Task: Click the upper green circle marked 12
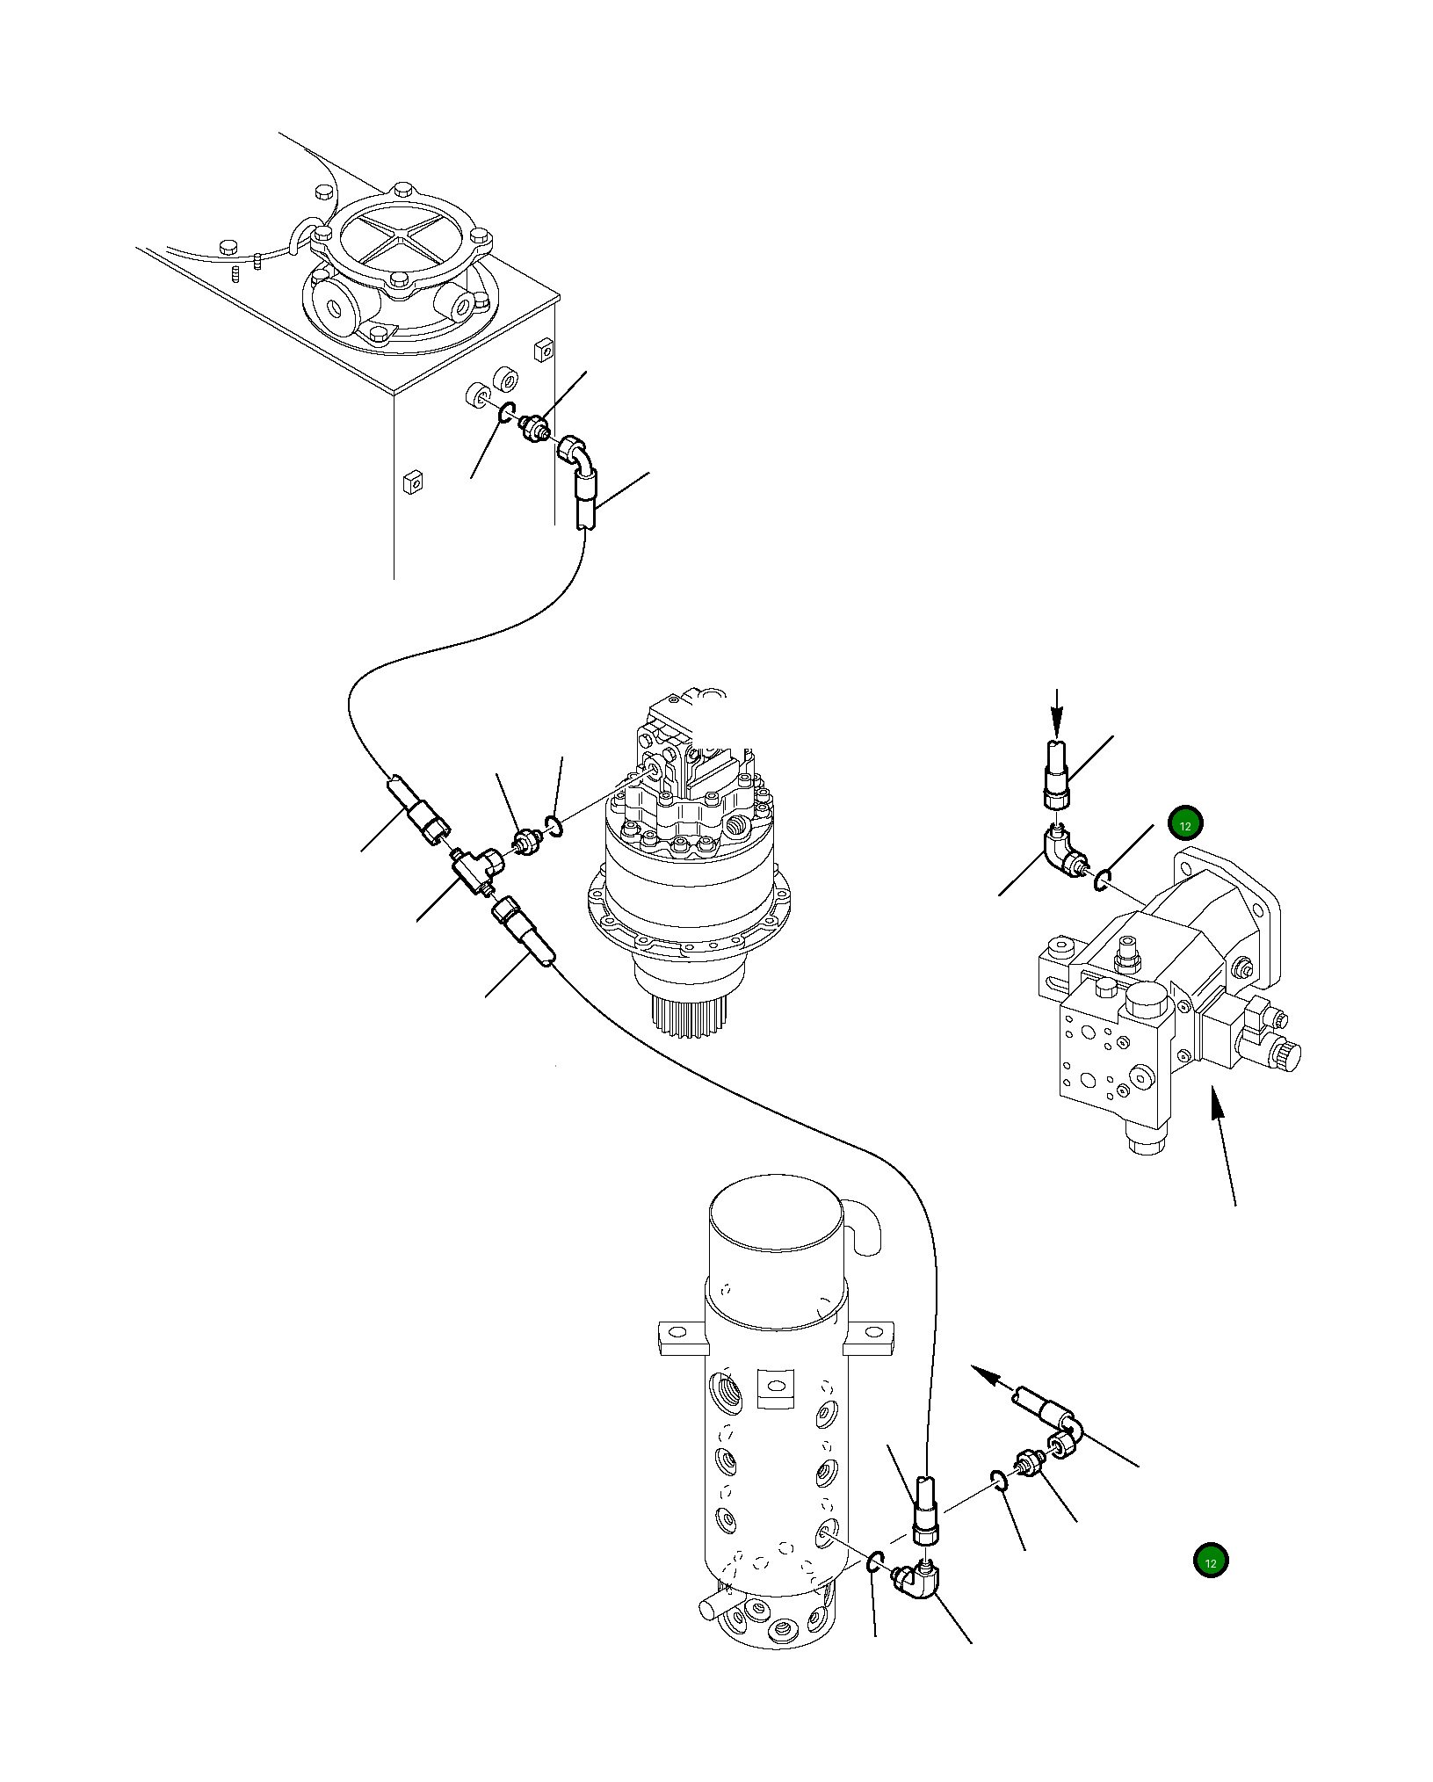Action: click(x=1184, y=824)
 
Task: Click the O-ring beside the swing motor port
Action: click(x=553, y=823)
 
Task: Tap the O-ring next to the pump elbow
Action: click(x=1104, y=877)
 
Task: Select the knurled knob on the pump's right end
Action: click(x=1288, y=1057)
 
